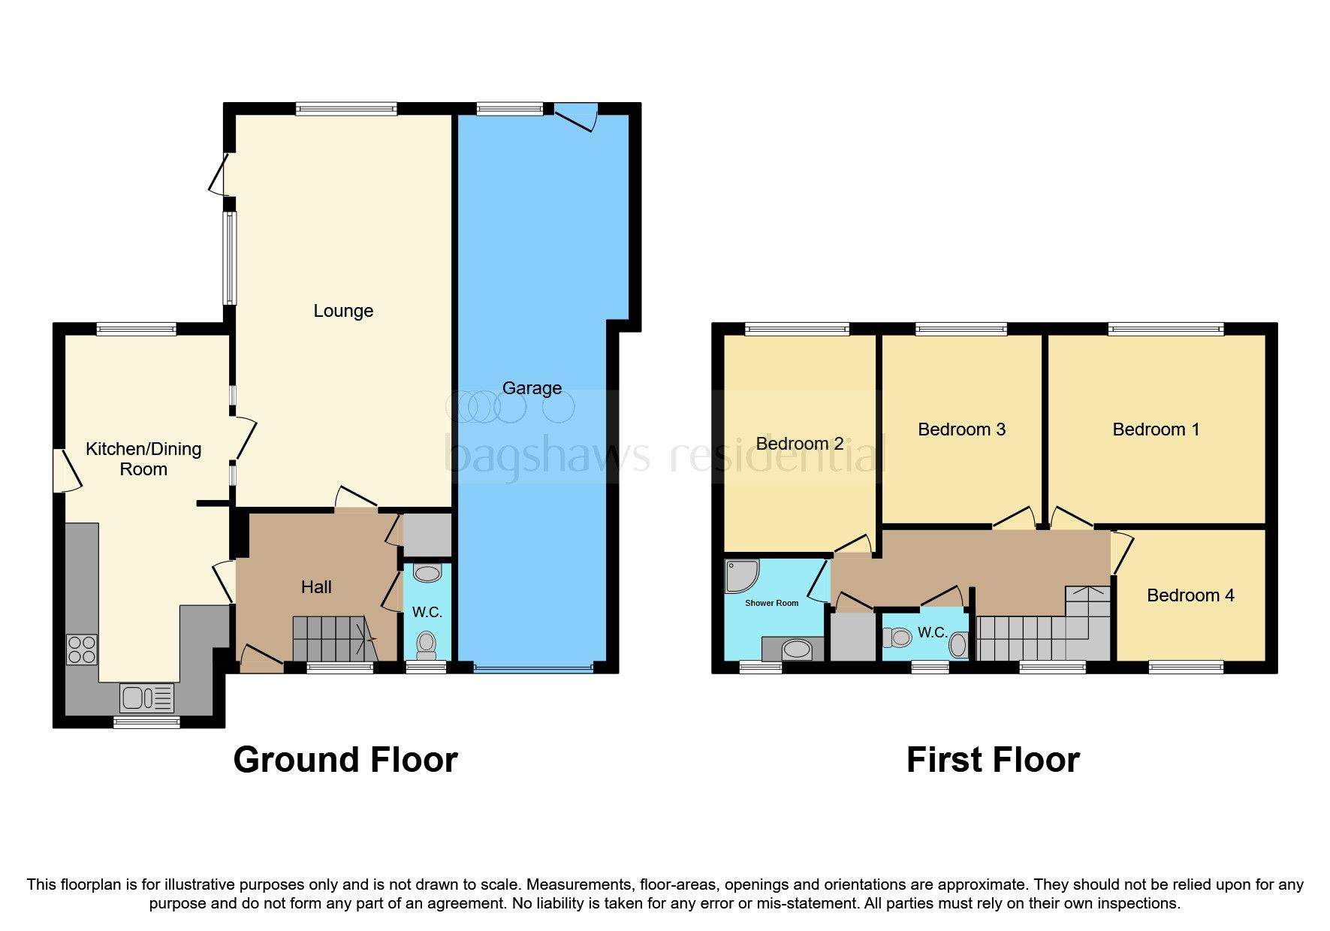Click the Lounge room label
tap(343, 311)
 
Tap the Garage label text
tap(532, 388)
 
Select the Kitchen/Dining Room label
tap(143, 459)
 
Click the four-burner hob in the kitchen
tap(82, 650)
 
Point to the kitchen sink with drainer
tap(146, 698)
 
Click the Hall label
tap(316, 587)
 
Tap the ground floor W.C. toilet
tap(427, 645)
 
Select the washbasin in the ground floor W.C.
tap(427, 574)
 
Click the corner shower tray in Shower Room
tap(740, 575)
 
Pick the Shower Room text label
tap(771, 603)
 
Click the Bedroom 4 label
tap(1190, 595)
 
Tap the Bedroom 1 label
tap(1156, 429)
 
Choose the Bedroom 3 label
tap(961, 429)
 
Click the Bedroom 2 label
tap(799, 444)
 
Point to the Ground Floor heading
tap(345, 760)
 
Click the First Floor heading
tap(993, 760)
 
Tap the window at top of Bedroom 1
tap(1166, 329)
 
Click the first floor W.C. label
tap(932, 633)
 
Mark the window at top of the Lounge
tap(346, 109)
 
